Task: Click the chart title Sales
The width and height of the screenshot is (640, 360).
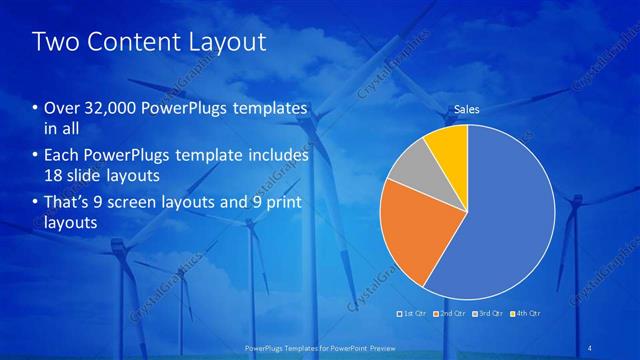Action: pyautogui.click(x=467, y=109)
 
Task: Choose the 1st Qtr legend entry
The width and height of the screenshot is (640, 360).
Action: pyautogui.click(x=413, y=313)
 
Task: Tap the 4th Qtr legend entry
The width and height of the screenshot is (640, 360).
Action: pyautogui.click(x=525, y=313)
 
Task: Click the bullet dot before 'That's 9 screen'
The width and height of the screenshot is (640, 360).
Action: pyautogui.click(x=36, y=204)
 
